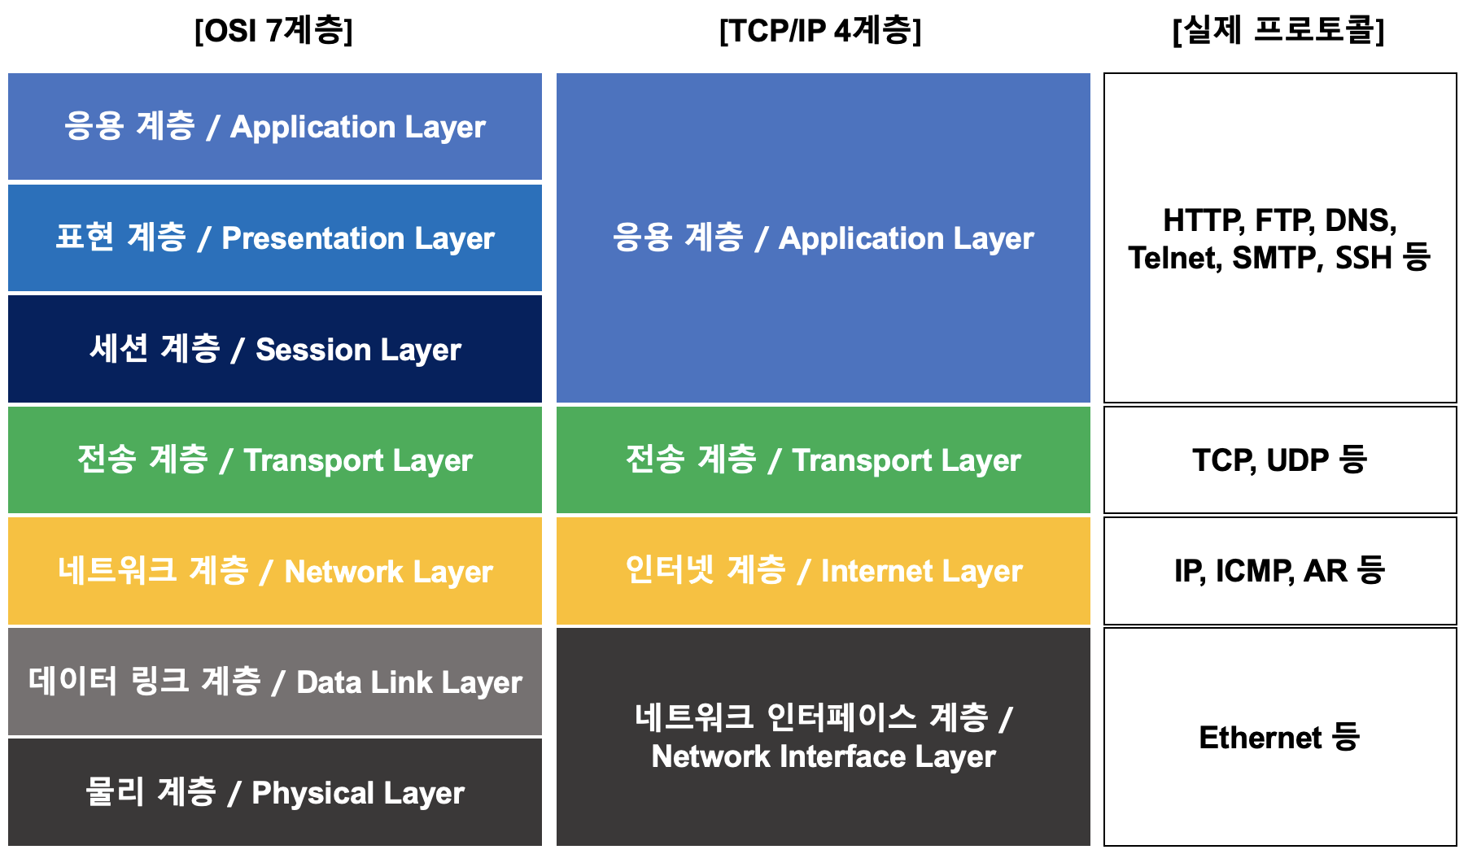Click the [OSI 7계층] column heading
[273, 31]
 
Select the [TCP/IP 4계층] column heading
[820, 31]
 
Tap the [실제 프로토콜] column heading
[1278, 31]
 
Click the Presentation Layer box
[275, 238]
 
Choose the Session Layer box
[275, 349]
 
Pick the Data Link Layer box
[275, 682]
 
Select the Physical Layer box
[275, 792]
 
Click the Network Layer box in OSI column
[275, 571]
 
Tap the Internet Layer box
[824, 571]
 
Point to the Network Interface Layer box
[824, 737]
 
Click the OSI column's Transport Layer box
[275, 460]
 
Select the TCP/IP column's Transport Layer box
[824, 460]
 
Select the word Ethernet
[1260, 738]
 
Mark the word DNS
[1360, 221]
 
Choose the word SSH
[1364, 259]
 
